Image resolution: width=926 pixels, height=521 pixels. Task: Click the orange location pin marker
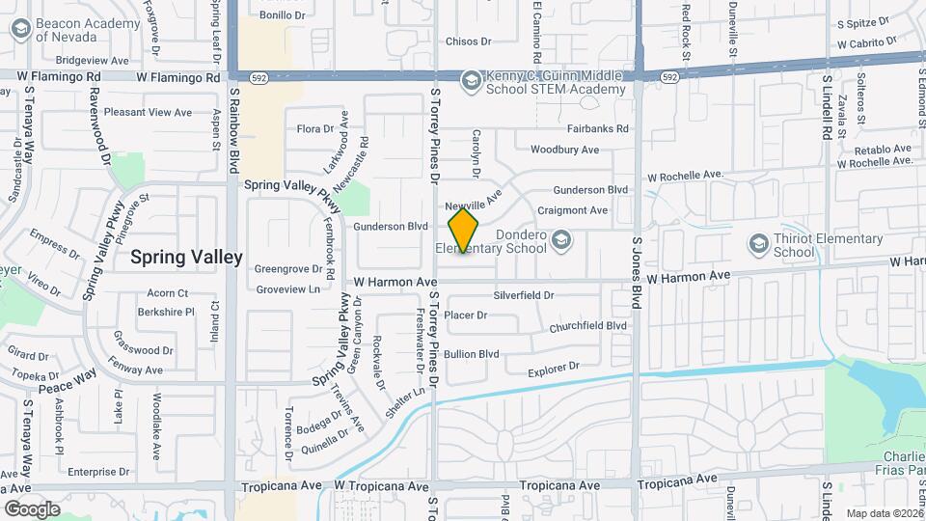tap(463, 231)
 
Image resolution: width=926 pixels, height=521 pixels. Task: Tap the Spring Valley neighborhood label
tap(186, 257)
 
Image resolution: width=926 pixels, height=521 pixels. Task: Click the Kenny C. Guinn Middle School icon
tap(471, 78)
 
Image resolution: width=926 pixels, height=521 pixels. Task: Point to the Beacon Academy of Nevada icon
tap(19, 29)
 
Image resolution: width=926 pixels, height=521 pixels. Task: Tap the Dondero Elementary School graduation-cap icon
tap(561, 237)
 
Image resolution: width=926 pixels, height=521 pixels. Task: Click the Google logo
tap(32, 508)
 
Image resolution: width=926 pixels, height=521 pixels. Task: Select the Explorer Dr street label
tap(553, 369)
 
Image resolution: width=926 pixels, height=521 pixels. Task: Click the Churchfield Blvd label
tap(587, 326)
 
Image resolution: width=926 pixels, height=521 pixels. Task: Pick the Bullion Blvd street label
tap(472, 354)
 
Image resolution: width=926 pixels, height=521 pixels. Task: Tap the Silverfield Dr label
tap(523, 295)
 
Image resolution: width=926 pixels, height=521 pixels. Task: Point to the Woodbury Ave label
tap(564, 150)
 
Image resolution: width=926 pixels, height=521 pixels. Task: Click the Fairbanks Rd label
tap(597, 128)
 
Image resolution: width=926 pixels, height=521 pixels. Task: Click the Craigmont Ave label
tap(572, 210)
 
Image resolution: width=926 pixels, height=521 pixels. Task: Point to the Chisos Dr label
tap(468, 41)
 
